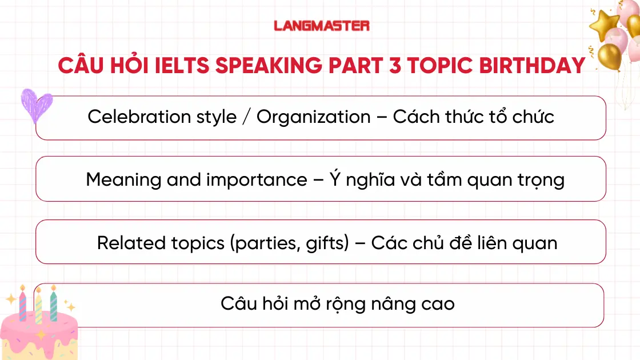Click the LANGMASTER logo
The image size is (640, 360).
pyautogui.click(x=321, y=26)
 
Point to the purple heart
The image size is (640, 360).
pyautogui.click(x=37, y=105)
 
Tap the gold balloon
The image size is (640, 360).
pyautogui.click(x=610, y=55)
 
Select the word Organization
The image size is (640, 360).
pyautogui.click(x=313, y=117)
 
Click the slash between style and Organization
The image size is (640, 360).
pyautogui.click(x=246, y=117)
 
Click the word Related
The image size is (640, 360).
pyautogui.click(x=131, y=243)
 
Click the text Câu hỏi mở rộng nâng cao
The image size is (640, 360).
pyautogui.click(x=337, y=303)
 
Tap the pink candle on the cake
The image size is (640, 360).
pyautogui.click(x=23, y=306)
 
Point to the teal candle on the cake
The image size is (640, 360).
pyautogui.click(x=54, y=305)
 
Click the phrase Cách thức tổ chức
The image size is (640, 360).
pyautogui.click(x=473, y=117)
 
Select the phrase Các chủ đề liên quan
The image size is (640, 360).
pyautogui.click(x=463, y=243)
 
